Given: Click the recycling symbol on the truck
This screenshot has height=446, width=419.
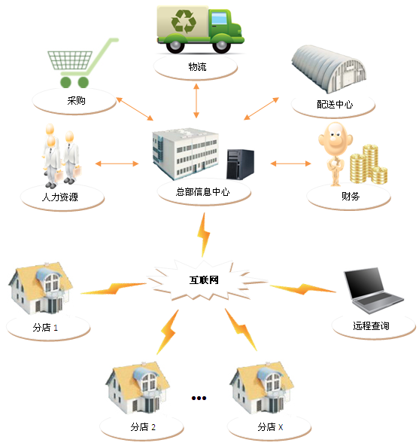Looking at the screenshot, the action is point(184,21).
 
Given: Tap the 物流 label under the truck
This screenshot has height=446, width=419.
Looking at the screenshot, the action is point(197,67).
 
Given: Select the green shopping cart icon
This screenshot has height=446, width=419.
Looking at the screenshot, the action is point(83,63).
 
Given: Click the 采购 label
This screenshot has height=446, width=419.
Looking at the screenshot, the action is point(76,100).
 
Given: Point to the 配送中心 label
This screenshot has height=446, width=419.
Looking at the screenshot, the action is point(335,105).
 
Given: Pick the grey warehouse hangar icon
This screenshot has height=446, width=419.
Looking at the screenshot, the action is point(329,69).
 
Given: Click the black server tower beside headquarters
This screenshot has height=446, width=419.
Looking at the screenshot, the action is point(240,164).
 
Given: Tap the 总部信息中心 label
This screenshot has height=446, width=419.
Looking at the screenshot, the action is point(202,191).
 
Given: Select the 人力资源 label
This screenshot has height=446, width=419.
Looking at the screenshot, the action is point(60,197).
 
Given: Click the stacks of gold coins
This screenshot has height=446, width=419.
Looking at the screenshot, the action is point(369,164).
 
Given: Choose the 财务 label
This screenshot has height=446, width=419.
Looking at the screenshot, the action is point(351,197).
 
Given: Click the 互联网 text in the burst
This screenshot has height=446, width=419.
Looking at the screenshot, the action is point(204,280).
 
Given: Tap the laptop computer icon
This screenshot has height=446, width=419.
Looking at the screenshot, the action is point(374,290).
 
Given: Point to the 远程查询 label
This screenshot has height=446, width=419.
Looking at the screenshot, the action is point(371,325).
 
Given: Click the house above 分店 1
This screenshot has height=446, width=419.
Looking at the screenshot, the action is point(41,288).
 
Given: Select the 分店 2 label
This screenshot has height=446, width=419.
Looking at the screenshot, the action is point(143,427).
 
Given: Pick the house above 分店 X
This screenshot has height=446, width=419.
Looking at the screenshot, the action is point(262,388).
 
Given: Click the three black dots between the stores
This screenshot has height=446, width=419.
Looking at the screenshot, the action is point(199,398).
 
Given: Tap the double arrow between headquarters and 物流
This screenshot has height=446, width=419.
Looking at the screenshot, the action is point(196,101).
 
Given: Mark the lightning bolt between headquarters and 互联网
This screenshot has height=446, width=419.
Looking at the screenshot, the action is point(204,235).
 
